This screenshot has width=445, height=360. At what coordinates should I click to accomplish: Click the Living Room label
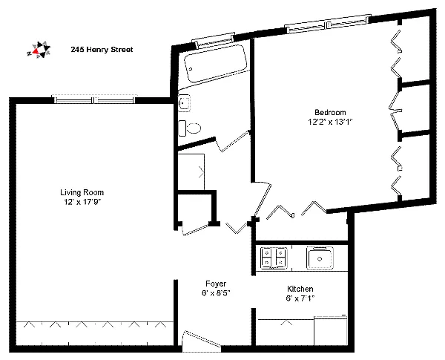(82, 192)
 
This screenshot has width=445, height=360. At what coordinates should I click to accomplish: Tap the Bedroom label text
(330, 112)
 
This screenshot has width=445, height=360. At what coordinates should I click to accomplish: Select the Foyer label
(216, 284)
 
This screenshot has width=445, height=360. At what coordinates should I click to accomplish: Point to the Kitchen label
(300, 289)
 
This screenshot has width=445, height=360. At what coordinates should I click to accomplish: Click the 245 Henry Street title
(102, 50)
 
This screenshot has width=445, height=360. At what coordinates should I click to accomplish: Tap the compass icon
(39, 50)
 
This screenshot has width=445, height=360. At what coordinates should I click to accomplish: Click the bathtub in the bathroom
(215, 64)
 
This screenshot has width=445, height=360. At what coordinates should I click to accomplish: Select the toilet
(189, 128)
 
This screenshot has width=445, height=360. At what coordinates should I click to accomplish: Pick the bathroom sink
(184, 102)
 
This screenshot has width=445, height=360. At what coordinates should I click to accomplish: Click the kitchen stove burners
(273, 258)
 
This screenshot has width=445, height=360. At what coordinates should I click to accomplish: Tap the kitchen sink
(320, 258)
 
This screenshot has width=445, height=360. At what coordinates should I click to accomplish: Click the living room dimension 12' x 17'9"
(82, 202)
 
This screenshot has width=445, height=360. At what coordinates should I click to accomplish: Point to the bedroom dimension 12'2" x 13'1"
(330, 122)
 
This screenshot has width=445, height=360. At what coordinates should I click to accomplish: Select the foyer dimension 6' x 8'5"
(216, 293)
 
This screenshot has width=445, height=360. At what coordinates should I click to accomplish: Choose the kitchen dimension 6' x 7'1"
(300, 298)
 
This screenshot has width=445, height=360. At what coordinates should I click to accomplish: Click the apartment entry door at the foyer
(202, 341)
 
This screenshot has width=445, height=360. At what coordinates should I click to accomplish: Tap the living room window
(94, 99)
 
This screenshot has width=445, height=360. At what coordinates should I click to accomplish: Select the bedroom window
(328, 24)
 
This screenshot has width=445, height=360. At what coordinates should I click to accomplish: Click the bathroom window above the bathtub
(214, 40)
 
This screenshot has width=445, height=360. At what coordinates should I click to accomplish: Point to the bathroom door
(234, 141)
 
